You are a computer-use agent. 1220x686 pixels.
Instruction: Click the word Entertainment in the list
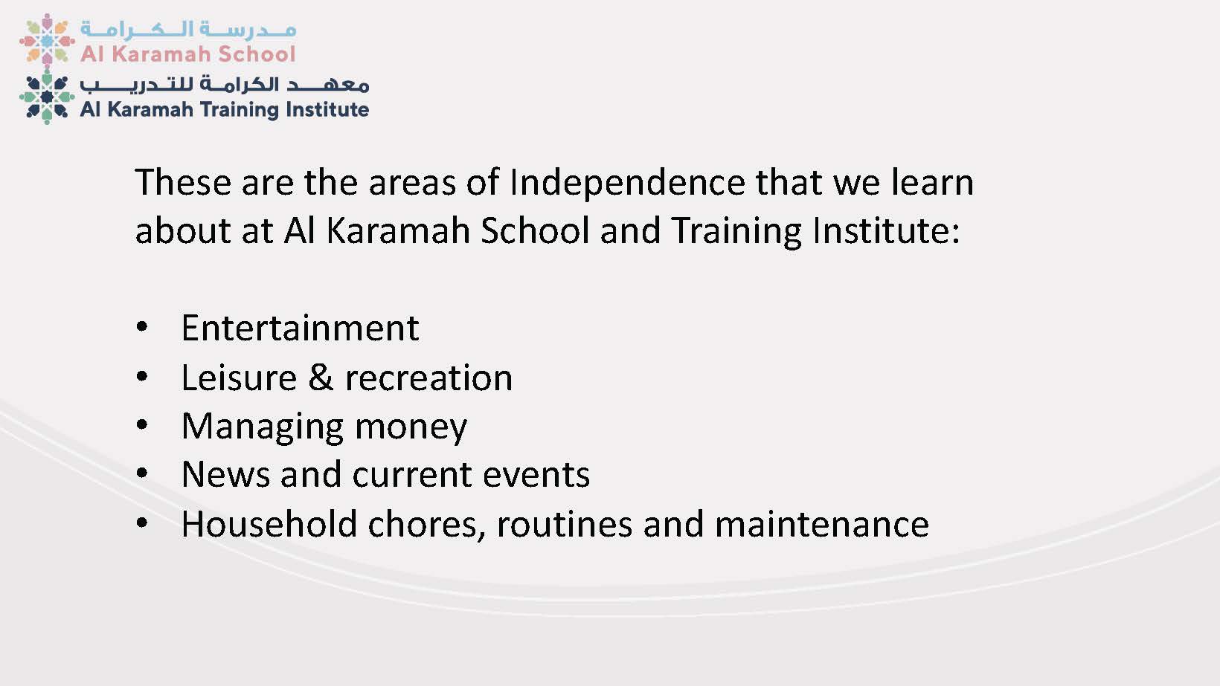click(x=300, y=328)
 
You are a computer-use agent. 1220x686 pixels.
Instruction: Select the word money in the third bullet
click(x=411, y=427)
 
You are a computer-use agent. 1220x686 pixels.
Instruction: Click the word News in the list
click(x=225, y=474)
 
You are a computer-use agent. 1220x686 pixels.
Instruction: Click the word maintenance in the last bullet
click(x=822, y=525)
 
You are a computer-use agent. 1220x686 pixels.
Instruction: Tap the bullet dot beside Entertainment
click(x=142, y=327)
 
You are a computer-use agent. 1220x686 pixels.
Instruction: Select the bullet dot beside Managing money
click(x=142, y=425)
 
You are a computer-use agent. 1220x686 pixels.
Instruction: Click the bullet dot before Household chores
click(x=142, y=522)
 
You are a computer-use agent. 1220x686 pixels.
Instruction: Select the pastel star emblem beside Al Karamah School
click(x=47, y=40)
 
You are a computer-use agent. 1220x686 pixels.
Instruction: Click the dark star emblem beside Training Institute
click(x=47, y=97)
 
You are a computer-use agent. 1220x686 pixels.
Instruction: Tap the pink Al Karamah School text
click(x=188, y=54)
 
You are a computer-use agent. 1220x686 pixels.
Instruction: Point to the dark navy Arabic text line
click(x=225, y=84)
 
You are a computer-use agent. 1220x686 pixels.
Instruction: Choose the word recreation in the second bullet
click(x=428, y=378)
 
